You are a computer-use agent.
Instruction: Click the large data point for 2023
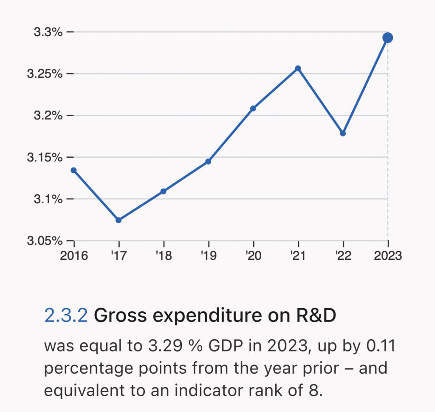point(387,38)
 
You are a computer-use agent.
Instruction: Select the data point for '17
point(119,220)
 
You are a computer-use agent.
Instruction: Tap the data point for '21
point(298,68)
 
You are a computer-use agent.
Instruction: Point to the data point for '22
point(343,134)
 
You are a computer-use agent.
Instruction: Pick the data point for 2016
point(73,170)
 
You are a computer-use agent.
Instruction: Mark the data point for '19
point(208,162)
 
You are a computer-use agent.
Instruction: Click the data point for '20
point(253,108)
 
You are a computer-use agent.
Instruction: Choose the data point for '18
point(163,191)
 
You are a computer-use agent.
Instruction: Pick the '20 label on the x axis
point(253,256)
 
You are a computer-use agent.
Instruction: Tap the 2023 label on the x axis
point(387,256)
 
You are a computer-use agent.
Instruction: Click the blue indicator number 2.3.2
point(66,315)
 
